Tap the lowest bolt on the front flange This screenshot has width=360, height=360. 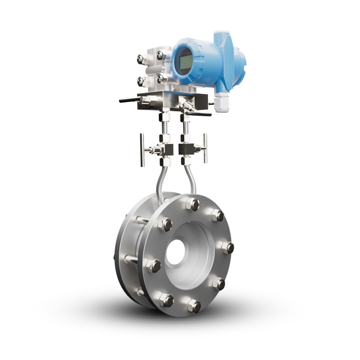coord(194,306)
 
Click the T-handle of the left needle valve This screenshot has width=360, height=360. coord(142,150)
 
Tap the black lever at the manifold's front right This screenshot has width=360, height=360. coord(198,114)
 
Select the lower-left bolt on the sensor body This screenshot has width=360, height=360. coord(141,81)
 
